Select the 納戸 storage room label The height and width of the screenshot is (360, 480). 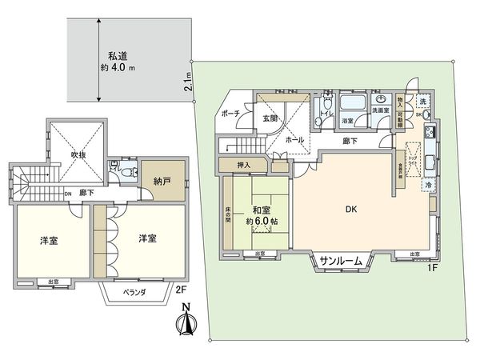(x=163, y=182)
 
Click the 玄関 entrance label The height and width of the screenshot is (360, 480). (x=270, y=118)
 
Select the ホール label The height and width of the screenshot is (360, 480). (x=294, y=139)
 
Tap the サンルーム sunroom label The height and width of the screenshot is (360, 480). (x=342, y=262)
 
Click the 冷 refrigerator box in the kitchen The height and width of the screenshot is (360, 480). (x=429, y=185)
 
